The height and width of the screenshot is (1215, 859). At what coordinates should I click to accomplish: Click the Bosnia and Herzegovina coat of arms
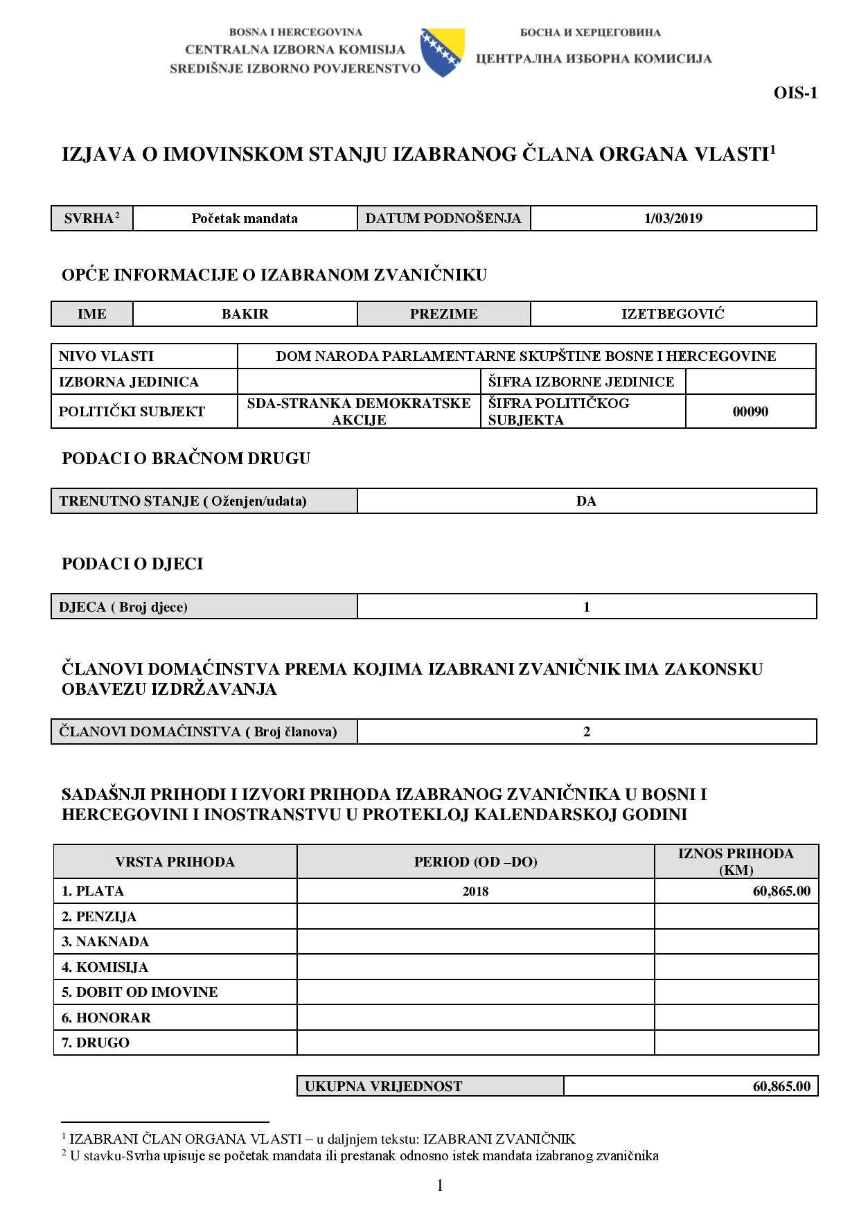(x=442, y=52)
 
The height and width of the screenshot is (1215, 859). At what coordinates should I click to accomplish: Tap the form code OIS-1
(x=795, y=93)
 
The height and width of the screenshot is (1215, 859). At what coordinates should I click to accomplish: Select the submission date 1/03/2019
(x=673, y=218)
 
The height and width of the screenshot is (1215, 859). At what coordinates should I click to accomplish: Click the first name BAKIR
(x=245, y=314)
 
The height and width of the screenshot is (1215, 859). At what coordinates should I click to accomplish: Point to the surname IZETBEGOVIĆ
(x=673, y=314)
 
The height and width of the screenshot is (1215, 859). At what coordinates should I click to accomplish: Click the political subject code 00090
(x=750, y=411)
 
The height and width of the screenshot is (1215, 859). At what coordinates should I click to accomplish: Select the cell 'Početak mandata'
(x=245, y=218)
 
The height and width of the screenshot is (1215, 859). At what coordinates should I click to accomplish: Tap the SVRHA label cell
(x=92, y=218)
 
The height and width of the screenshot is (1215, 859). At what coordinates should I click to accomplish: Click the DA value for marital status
(x=586, y=501)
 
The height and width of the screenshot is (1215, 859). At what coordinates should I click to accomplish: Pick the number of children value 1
(x=586, y=607)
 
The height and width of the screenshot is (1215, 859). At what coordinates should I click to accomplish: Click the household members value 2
(x=586, y=731)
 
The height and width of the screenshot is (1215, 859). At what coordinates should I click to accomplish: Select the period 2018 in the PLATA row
(x=475, y=892)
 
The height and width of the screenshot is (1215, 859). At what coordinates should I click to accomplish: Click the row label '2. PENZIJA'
(x=99, y=916)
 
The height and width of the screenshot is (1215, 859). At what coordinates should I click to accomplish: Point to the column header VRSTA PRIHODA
(x=175, y=862)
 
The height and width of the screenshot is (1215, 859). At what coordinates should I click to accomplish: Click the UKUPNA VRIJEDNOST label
(x=383, y=1086)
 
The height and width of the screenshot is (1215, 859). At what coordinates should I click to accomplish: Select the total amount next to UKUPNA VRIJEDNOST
(x=781, y=1086)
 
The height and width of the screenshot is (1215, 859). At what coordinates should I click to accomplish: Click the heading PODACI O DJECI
(x=132, y=564)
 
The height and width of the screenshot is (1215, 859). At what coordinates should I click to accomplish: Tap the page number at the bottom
(x=440, y=1185)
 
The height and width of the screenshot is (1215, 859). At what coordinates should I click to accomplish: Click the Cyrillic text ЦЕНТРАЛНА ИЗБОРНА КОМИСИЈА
(x=594, y=59)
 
